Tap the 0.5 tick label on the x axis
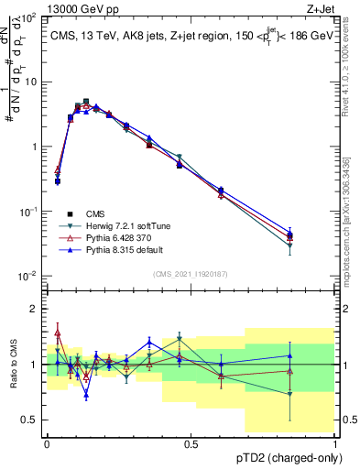pyautogui.click(x=191, y=443)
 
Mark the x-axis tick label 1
pyautogui.click(x=334, y=443)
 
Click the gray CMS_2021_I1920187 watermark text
pyautogui.click(x=191, y=274)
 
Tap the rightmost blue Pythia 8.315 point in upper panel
pyautogui.click(x=289, y=234)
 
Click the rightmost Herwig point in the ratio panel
pyautogui.click(x=289, y=394)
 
